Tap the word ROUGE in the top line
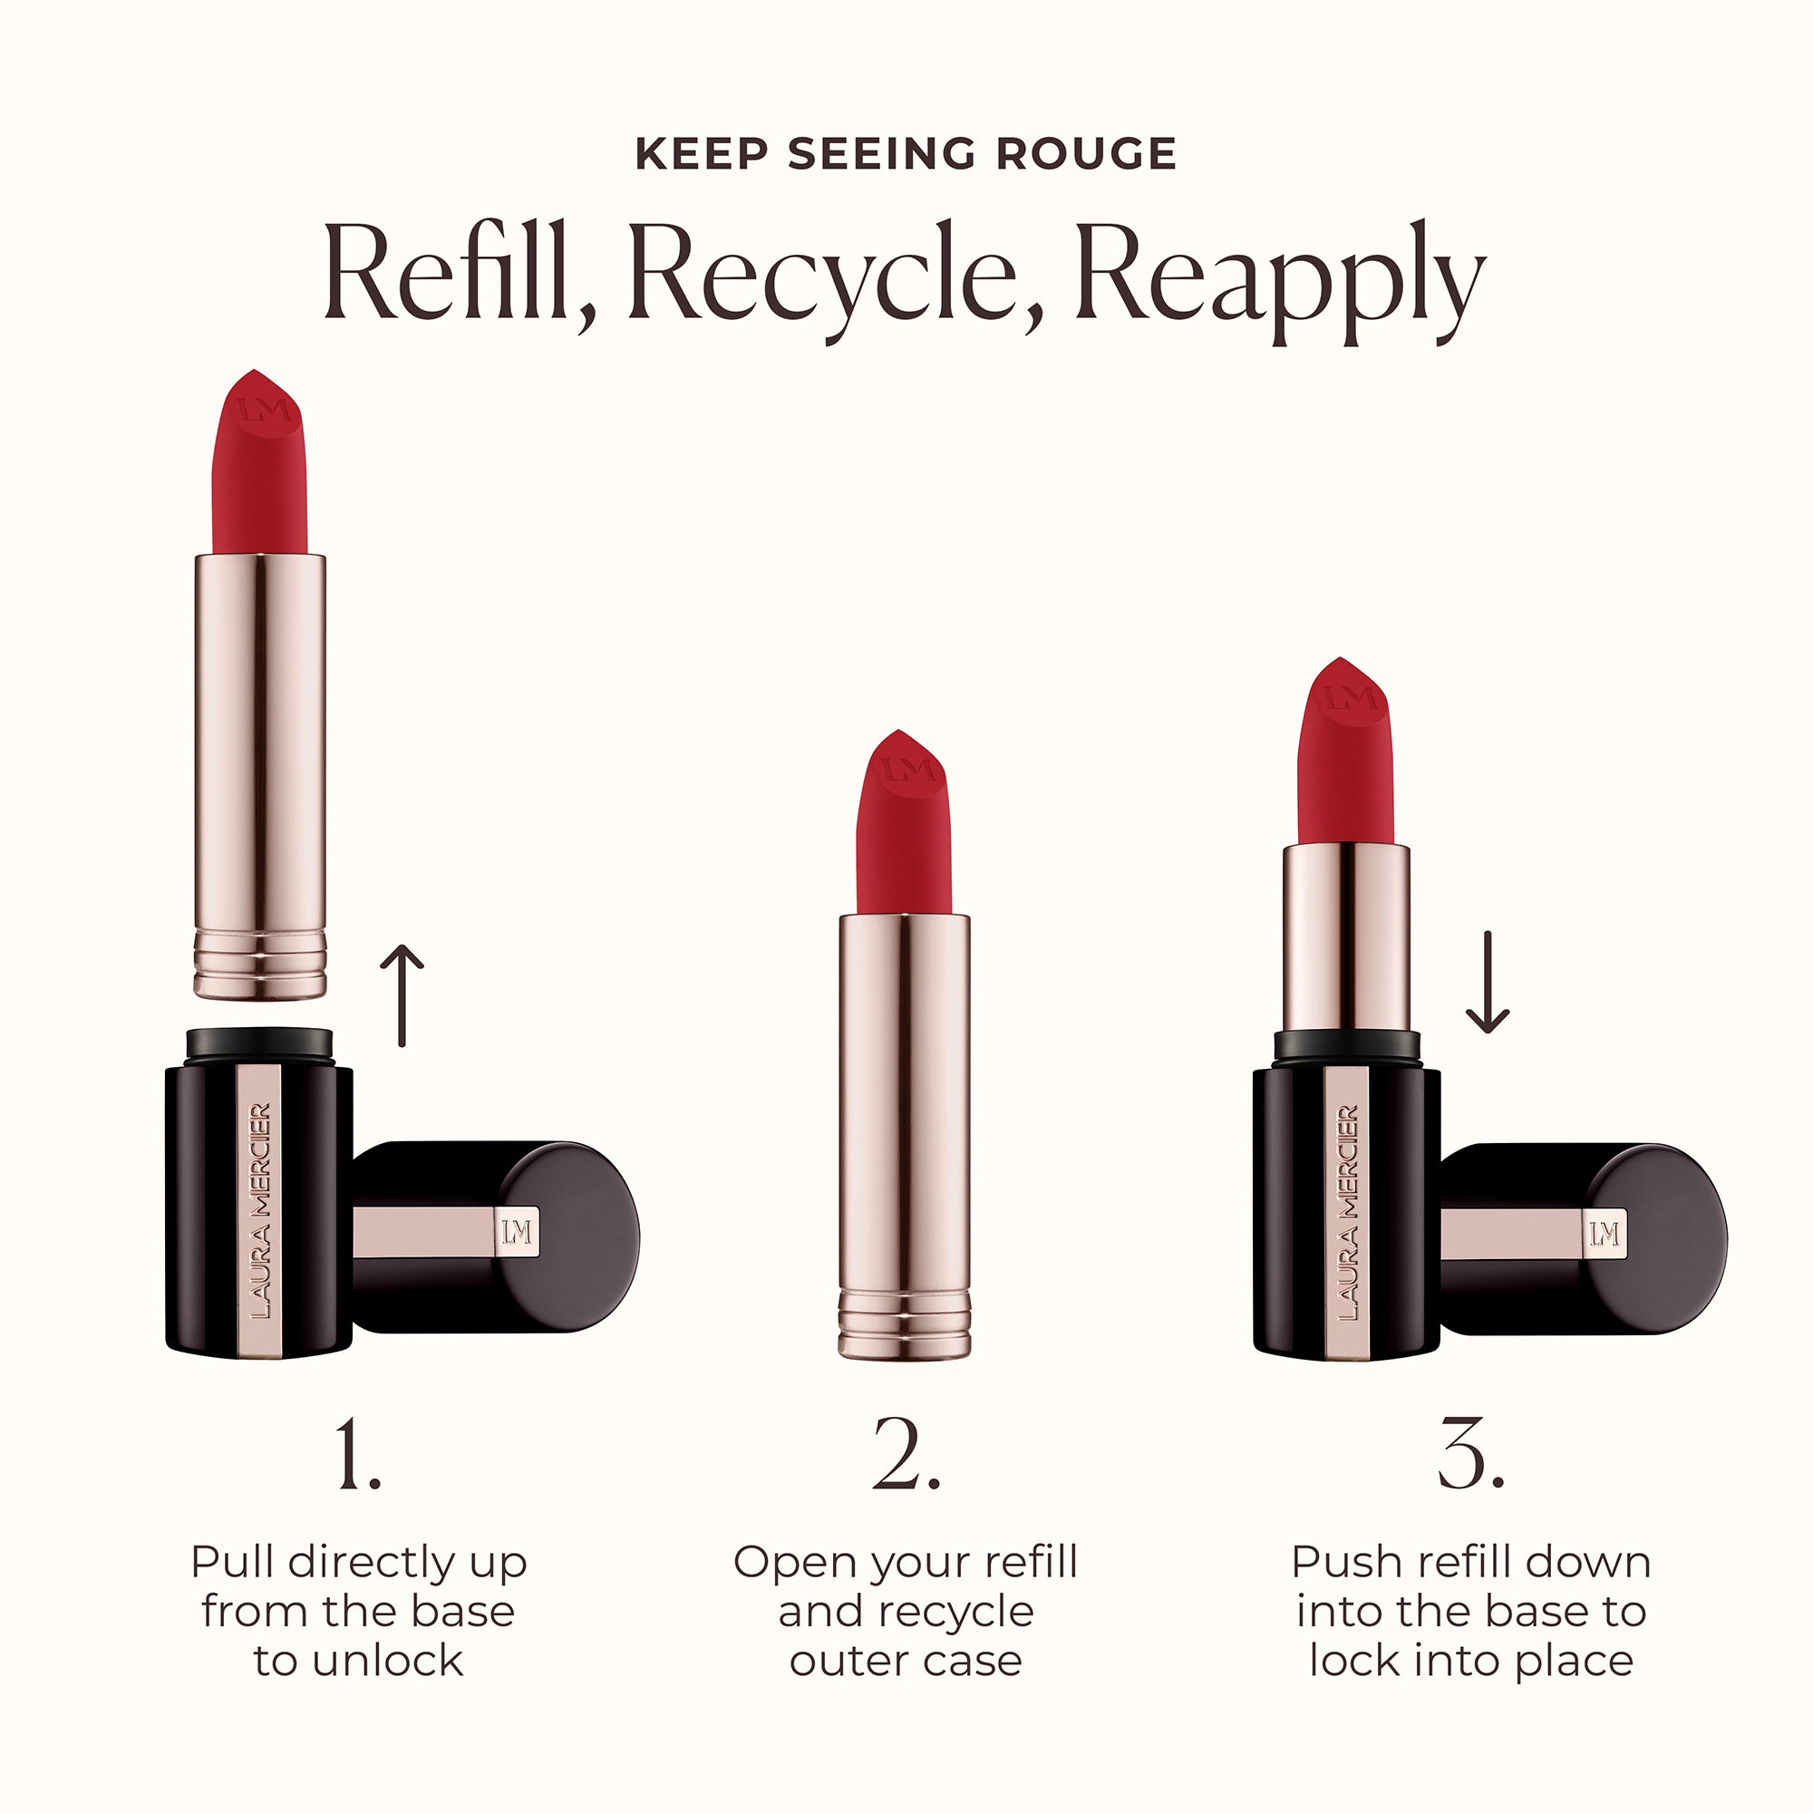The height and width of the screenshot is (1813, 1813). (1086, 154)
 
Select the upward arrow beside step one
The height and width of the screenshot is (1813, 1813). (402, 994)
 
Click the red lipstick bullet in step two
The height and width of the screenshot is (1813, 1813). (904, 826)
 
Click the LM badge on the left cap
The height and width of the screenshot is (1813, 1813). (517, 1232)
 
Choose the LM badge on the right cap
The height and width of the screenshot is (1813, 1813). (1604, 1233)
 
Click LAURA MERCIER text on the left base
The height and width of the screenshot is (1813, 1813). (260, 1210)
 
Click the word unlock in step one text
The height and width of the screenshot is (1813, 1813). (388, 1662)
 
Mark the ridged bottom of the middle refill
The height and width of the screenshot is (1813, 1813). (904, 1324)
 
